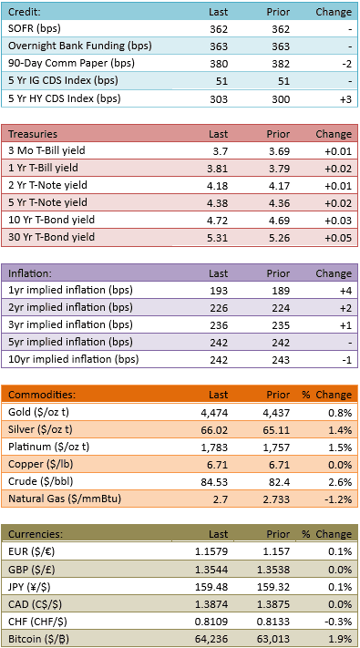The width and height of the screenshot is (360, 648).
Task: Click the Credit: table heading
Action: (x=25, y=12)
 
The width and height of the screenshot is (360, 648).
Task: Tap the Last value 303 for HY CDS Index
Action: (x=219, y=98)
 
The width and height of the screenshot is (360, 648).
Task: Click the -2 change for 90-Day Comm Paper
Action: (x=346, y=64)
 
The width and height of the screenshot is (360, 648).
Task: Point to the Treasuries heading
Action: (x=33, y=134)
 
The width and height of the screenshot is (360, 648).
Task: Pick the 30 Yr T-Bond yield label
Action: (x=52, y=237)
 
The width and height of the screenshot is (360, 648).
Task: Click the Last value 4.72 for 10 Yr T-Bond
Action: (x=218, y=221)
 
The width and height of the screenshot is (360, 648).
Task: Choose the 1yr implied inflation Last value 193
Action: (x=219, y=291)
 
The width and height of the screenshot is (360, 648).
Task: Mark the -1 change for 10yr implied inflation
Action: (x=346, y=360)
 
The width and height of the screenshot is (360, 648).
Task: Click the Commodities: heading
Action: (x=42, y=395)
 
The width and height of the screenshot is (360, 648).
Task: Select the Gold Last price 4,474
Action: (x=216, y=412)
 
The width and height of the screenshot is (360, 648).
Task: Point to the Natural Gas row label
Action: (x=65, y=499)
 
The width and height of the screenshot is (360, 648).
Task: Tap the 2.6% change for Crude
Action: (x=343, y=481)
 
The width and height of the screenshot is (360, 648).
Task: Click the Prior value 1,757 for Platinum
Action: (x=278, y=447)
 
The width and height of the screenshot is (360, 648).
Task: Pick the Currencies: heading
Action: (x=36, y=534)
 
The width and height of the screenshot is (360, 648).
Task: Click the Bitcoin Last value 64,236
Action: (x=213, y=639)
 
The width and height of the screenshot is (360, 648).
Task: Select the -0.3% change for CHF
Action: (x=341, y=622)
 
